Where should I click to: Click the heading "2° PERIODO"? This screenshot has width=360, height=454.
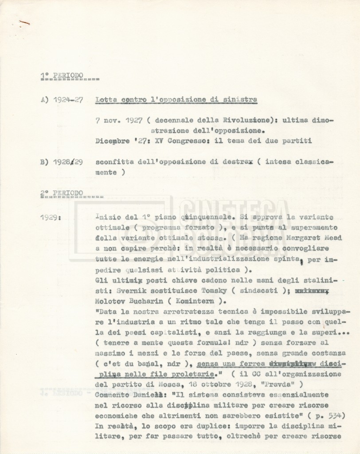tap(61, 193)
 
